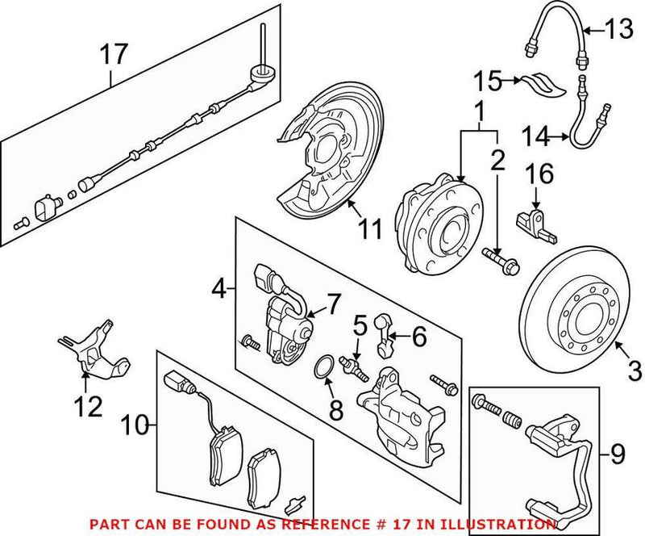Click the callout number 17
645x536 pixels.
coord(114,55)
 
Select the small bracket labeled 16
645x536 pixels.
coord(537,223)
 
